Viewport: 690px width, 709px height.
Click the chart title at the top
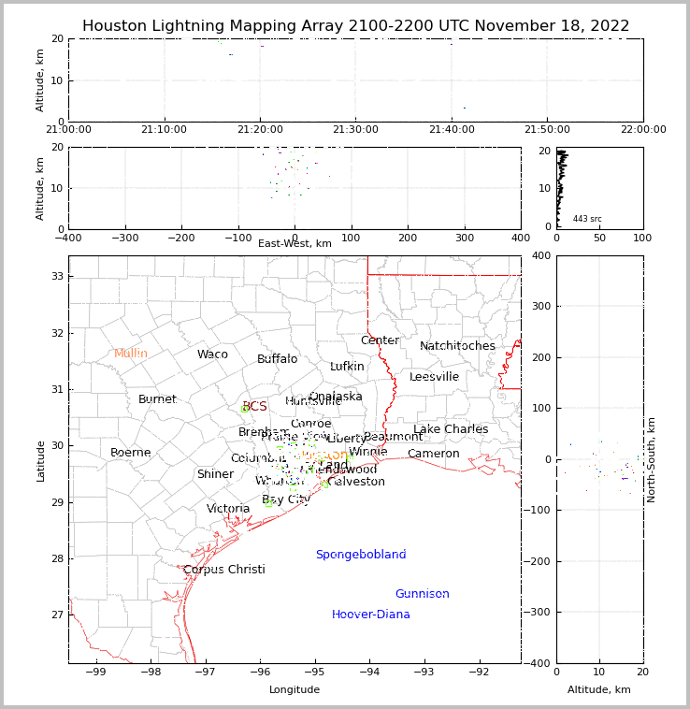pyautogui.click(x=355, y=26)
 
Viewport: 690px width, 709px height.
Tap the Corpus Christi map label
pyautogui.click(x=224, y=570)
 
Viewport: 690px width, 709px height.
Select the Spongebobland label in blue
pyautogui.click(x=361, y=555)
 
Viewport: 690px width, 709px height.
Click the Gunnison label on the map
pyautogui.click(x=422, y=594)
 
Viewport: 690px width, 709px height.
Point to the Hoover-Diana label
pyautogui.click(x=371, y=615)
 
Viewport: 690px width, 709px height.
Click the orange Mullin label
pyautogui.click(x=131, y=354)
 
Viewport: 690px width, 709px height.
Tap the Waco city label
pyautogui.click(x=212, y=354)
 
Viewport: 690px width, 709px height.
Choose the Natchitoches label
pyautogui.click(x=457, y=346)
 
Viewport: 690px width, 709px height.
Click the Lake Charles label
pyautogui.click(x=451, y=429)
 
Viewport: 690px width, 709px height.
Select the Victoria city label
pyautogui.click(x=228, y=509)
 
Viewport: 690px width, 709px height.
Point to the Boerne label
pyautogui.click(x=131, y=453)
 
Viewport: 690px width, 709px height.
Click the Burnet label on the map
pyautogui.click(x=157, y=399)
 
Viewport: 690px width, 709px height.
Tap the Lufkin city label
pyautogui.click(x=347, y=367)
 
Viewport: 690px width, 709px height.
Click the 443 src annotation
pyautogui.click(x=587, y=219)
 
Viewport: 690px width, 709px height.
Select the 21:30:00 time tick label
pyautogui.click(x=355, y=129)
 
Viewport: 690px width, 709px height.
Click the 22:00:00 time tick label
pyautogui.click(x=643, y=129)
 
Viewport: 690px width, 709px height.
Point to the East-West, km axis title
pyautogui.click(x=295, y=243)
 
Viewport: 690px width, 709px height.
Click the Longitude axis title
pyautogui.click(x=295, y=689)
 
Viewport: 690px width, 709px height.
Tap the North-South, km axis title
pyautogui.click(x=652, y=459)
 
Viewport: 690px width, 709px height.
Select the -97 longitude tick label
pyautogui.click(x=205, y=672)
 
